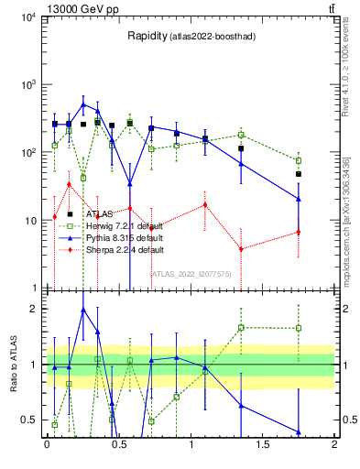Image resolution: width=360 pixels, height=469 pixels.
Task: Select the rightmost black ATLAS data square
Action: coord(299,174)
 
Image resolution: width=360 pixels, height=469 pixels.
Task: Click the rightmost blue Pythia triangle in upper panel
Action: coord(299,199)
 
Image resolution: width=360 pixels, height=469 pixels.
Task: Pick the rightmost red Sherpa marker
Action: coord(299,232)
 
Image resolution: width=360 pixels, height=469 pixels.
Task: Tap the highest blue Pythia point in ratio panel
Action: coord(83,311)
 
